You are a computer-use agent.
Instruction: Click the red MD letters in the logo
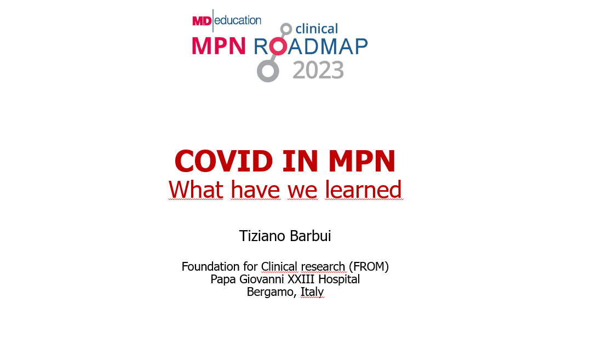click(202, 21)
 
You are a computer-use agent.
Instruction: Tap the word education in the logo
click(238, 20)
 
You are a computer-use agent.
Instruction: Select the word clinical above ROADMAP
click(317, 28)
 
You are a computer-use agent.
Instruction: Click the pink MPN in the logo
click(219, 46)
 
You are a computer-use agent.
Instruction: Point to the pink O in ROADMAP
click(278, 46)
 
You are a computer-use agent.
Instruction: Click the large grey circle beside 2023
click(268, 71)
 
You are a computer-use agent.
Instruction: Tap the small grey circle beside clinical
click(286, 29)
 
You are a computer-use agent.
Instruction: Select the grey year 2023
click(318, 70)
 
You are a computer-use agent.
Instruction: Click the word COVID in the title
click(224, 161)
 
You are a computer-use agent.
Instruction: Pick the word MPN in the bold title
click(362, 161)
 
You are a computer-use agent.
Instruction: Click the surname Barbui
click(310, 236)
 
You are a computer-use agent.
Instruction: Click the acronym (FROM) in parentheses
click(369, 266)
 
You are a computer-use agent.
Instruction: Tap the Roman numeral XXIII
click(301, 279)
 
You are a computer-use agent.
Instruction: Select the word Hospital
click(339, 279)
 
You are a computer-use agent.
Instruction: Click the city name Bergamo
click(272, 292)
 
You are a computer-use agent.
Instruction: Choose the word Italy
click(312, 292)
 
